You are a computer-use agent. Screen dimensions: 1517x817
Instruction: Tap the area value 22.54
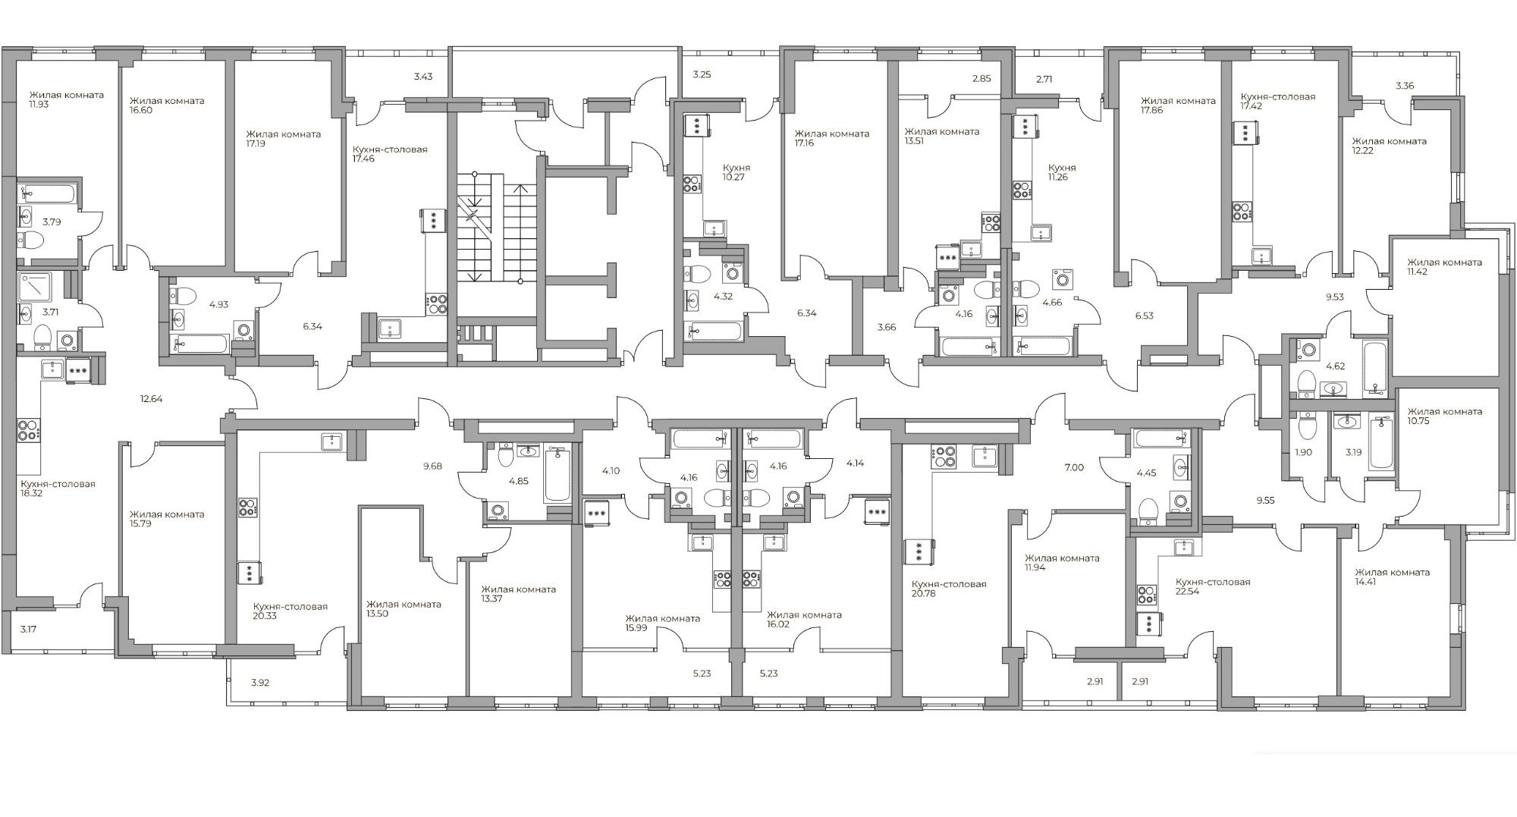1189,592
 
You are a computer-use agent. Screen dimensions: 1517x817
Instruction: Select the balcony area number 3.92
260,683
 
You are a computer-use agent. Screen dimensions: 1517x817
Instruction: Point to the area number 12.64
151,398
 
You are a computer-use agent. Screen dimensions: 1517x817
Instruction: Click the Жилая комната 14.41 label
1392,577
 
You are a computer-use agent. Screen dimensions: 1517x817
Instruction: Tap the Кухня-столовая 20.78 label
948,589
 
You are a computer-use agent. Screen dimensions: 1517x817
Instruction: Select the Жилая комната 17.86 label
1178,105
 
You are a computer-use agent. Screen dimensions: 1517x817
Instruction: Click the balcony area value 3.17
29,628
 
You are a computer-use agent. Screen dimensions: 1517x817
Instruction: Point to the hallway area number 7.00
1074,467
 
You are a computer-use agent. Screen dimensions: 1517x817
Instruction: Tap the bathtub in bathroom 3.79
47,192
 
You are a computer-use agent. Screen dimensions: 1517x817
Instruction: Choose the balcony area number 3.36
1405,86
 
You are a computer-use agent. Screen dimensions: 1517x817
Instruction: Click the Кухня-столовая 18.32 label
58,489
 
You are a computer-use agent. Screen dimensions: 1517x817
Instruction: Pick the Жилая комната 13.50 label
404,609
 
